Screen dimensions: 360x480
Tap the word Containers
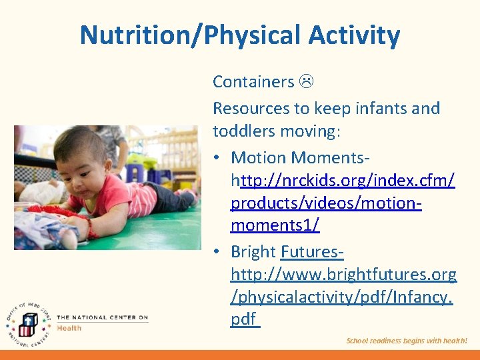click(x=253, y=82)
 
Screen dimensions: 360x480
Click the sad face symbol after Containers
click(x=307, y=82)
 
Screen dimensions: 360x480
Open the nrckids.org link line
click(x=343, y=180)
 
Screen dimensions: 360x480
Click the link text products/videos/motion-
click(x=326, y=203)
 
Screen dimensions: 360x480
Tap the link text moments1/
click(x=275, y=225)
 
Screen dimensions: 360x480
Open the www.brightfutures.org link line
click(x=343, y=274)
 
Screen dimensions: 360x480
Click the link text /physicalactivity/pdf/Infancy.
click(x=341, y=297)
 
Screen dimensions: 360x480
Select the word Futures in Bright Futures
click(x=312, y=252)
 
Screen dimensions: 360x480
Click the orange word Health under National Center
click(x=69, y=328)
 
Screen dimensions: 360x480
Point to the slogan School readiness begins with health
click(x=407, y=341)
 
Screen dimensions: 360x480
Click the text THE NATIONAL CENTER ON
click(x=102, y=317)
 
